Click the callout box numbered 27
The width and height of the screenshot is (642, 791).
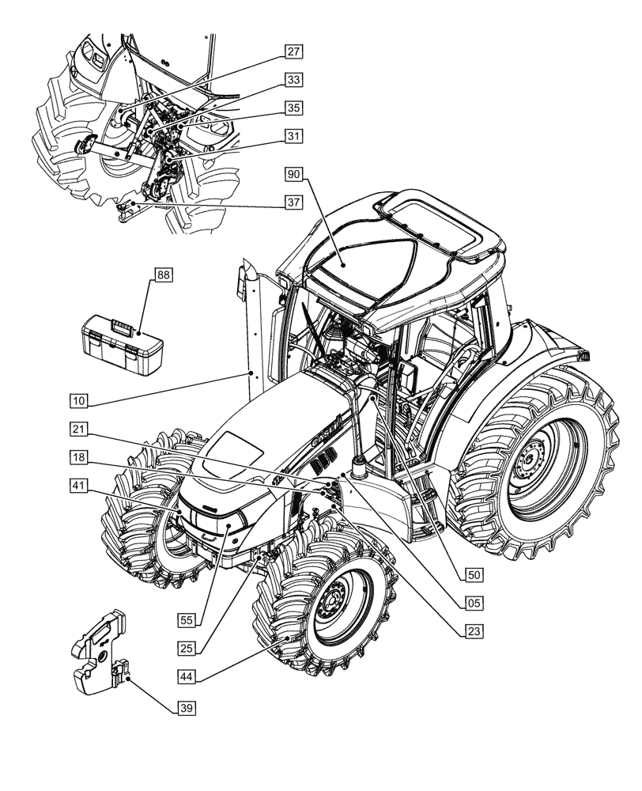294,52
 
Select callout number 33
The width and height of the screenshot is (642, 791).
294,80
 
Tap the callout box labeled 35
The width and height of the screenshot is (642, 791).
294,108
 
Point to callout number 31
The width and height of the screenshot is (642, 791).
294,137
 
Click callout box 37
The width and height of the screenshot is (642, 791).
294,202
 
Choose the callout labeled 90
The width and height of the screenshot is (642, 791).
295,172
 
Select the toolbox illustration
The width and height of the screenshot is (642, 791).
123,342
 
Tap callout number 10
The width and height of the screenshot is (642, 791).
78,401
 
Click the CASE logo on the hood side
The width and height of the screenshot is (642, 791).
325,432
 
